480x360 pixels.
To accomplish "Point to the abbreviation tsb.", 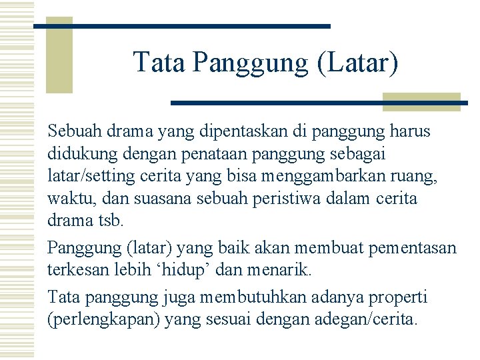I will [x=111, y=220].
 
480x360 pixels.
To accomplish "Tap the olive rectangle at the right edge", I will [x=421, y=101].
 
